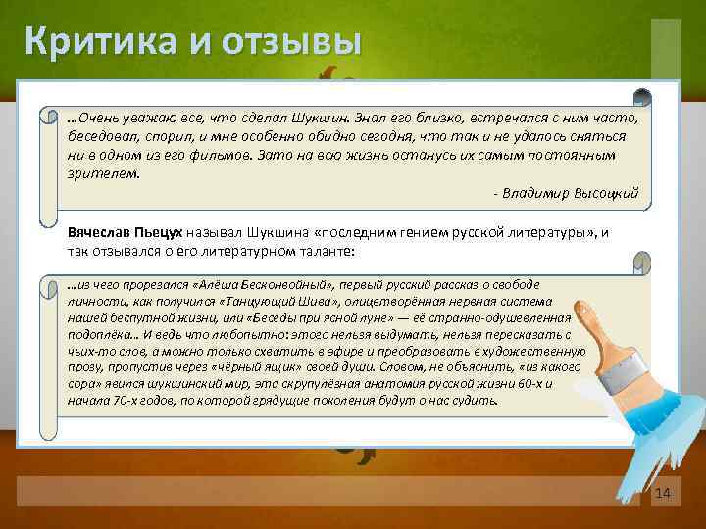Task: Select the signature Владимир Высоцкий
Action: coord(570,193)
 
